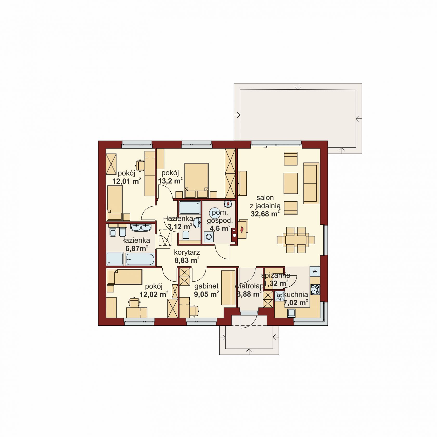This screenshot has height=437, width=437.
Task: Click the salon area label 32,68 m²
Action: (265, 214)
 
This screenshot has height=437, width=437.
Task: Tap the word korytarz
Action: (187, 252)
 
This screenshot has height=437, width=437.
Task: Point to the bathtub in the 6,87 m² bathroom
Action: (140, 260)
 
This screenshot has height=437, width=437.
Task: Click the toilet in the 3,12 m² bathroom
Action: (186, 235)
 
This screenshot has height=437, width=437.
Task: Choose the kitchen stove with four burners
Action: (315, 289)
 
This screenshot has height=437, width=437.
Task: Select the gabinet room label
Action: (206, 286)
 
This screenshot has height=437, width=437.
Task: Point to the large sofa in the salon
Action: (311, 183)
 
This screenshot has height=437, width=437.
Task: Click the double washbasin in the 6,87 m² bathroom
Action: (140, 228)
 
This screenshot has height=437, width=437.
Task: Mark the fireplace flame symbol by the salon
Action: (242, 230)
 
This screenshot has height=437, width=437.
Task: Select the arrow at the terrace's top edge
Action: (298, 86)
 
